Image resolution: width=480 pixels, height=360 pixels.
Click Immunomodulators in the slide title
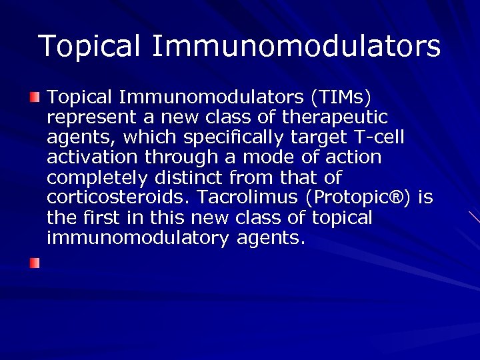click(x=296, y=47)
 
